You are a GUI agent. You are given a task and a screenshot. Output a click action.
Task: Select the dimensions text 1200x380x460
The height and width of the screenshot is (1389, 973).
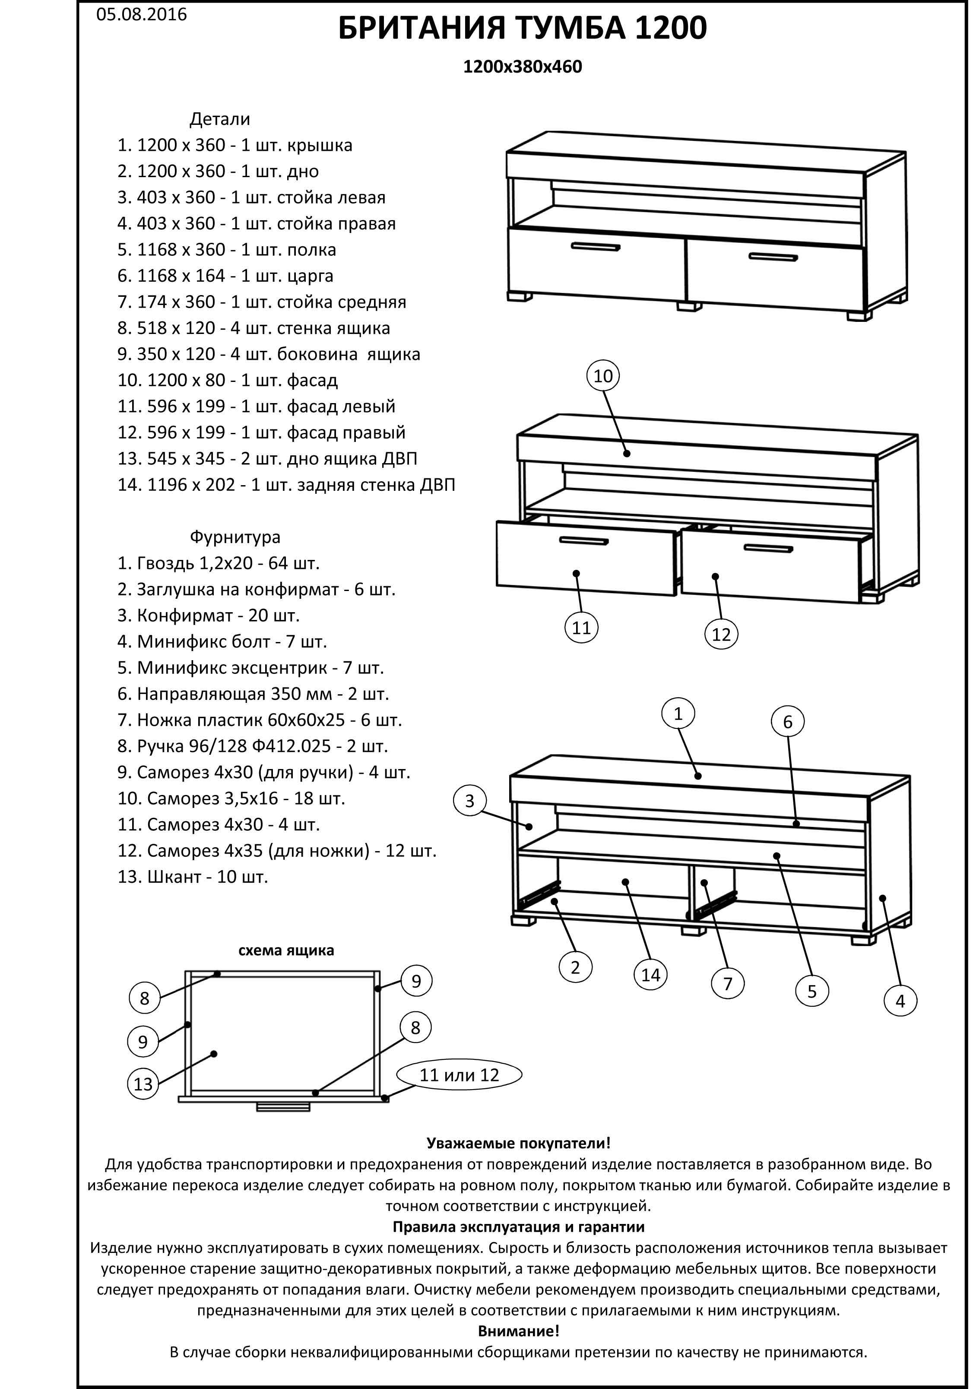coord(523,66)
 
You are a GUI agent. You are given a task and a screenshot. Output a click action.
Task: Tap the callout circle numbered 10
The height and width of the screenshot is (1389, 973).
coord(603,376)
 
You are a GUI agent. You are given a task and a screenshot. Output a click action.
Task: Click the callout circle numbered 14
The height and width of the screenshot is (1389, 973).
coord(651,975)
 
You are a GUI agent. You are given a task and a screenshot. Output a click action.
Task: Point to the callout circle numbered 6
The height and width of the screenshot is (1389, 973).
coord(787,722)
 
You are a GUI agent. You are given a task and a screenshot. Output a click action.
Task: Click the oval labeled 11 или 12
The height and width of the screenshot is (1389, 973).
coord(459,1074)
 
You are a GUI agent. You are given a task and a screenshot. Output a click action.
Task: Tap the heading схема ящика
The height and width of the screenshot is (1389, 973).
coord(286,950)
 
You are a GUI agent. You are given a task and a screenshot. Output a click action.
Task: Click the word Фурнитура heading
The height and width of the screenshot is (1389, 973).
coord(235,537)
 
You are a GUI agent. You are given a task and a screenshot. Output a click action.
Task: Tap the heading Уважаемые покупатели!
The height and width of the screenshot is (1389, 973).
coord(518,1143)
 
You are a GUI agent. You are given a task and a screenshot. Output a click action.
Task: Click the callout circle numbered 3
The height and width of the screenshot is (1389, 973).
coord(470,801)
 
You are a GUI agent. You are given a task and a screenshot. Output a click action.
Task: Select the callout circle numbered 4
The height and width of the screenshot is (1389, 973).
coord(900,1001)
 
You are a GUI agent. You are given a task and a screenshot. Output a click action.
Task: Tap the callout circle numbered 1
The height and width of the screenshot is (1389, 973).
coord(678,714)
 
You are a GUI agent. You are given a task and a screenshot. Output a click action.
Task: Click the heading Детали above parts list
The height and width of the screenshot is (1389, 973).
coord(219,119)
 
